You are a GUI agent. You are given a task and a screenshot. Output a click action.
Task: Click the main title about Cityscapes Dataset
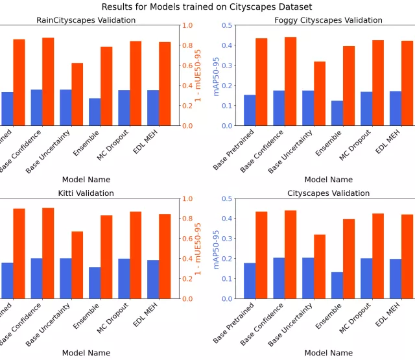pos(207,7)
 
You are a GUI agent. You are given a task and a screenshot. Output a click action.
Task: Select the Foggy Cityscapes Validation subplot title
pos(328,20)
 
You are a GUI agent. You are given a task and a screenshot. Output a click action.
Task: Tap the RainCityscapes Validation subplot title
pos(86,20)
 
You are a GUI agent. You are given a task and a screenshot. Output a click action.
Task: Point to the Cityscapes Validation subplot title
pos(328,193)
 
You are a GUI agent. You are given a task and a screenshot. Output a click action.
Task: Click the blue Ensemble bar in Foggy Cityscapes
pos(337,113)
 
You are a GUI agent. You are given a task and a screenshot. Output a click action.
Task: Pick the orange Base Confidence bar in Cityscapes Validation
pos(290,254)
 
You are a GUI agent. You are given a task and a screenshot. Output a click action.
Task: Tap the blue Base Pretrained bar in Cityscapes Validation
pos(250,281)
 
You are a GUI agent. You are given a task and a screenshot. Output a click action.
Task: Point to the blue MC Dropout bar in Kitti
pos(124,278)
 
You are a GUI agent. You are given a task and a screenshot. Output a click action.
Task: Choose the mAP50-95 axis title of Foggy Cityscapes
pos(217,75)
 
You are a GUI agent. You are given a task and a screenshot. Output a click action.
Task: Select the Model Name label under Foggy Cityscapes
pos(328,180)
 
